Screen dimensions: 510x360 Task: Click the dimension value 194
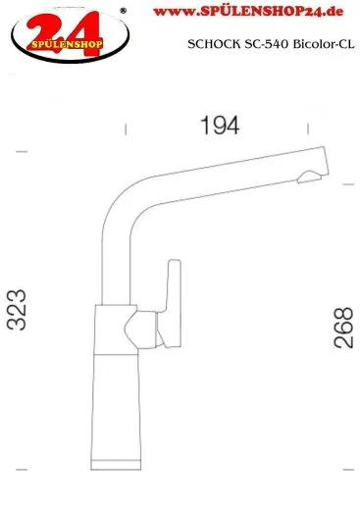[x=220, y=126]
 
